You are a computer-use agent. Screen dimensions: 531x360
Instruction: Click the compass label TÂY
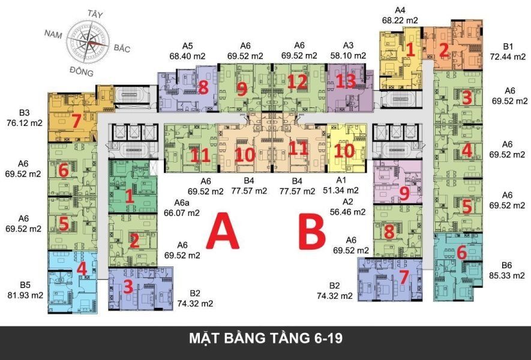point(95,14)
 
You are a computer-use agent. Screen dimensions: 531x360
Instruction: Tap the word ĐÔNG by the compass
point(81,71)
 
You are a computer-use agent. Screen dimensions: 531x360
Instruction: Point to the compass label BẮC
point(122,48)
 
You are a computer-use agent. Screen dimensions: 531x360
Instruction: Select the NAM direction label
point(53,34)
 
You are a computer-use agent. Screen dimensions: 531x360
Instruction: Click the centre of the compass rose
point(88,43)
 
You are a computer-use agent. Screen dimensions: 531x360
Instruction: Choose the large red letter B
point(312,231)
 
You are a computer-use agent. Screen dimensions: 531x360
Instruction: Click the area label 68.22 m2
point(400,20)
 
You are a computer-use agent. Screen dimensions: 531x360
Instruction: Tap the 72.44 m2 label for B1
point(508,56)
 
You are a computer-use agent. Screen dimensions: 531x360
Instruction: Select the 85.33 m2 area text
point(506,275)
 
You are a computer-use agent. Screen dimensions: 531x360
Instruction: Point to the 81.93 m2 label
point(25,295)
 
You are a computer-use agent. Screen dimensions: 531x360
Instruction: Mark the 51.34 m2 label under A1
point(341,190)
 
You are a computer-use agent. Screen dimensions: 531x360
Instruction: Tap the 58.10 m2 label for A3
point(348,56)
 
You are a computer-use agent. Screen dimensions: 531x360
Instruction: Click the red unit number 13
point(346,81)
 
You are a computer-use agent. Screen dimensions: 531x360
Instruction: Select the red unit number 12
point(298,82)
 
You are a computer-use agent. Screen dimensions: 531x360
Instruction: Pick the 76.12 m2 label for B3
point(25,122)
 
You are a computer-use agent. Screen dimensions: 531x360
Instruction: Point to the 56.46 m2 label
point(348,212)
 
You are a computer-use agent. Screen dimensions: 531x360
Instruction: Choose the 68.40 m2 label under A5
point(187,56)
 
